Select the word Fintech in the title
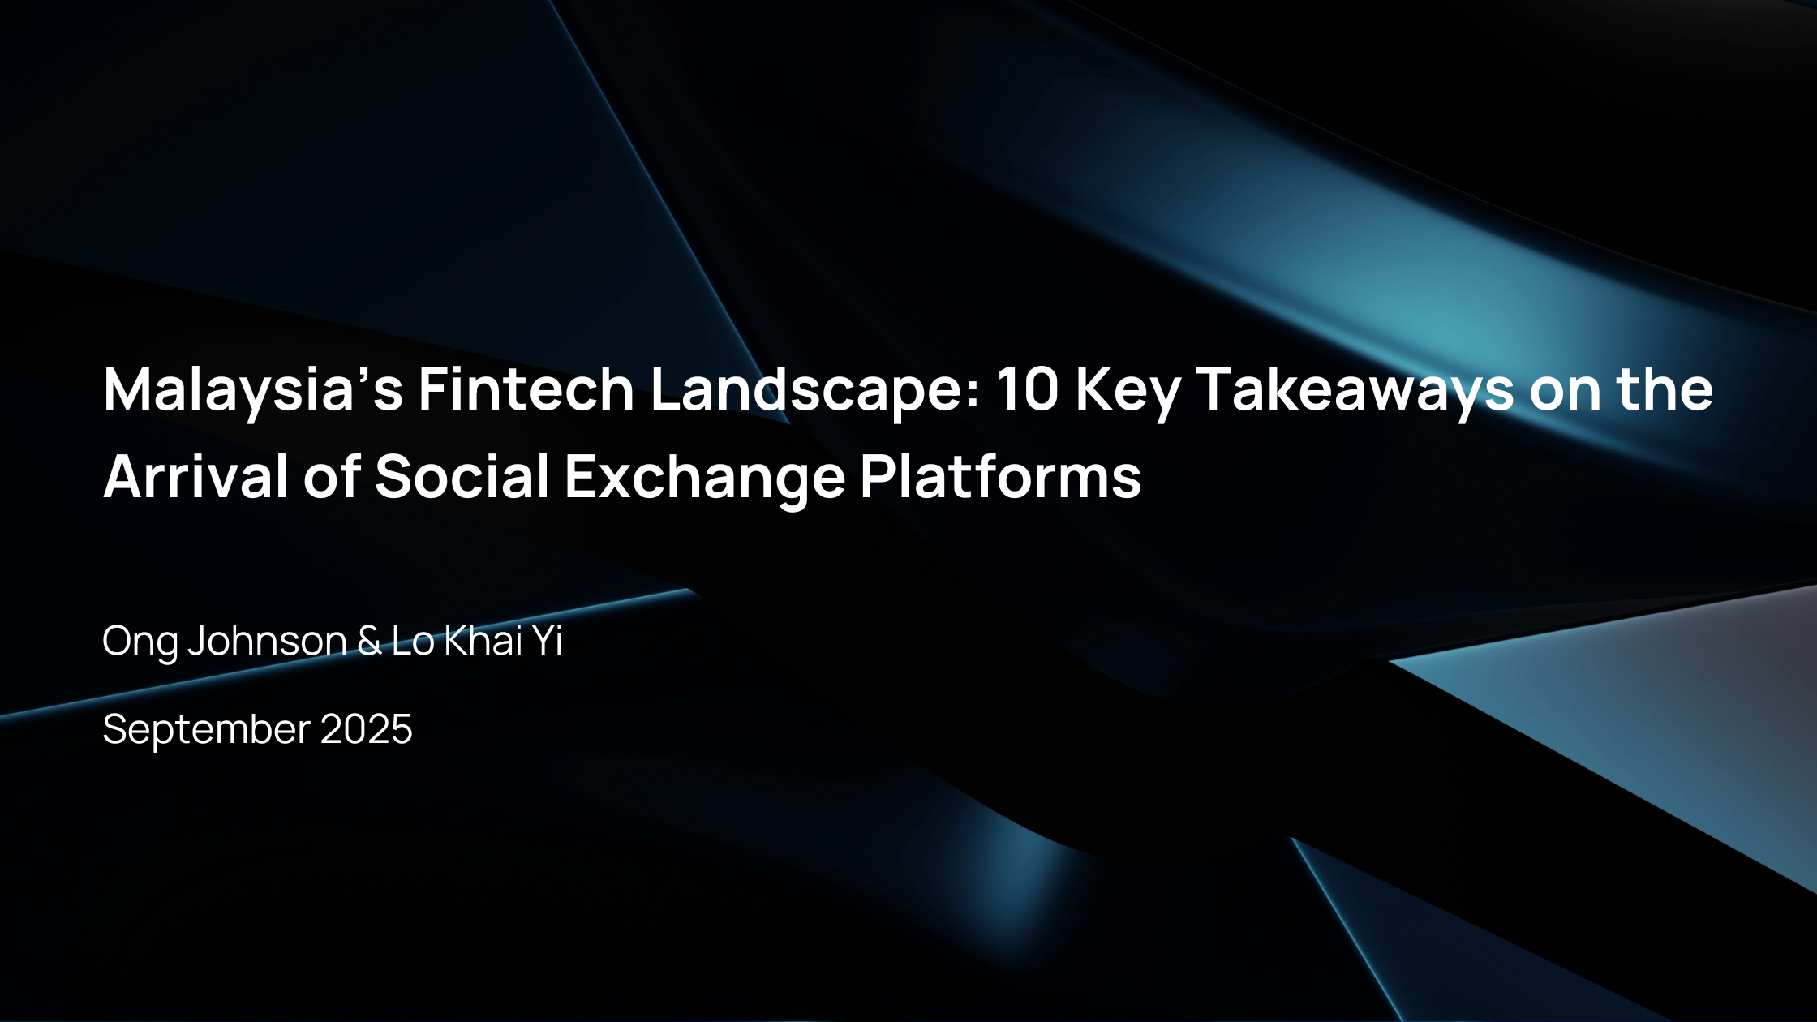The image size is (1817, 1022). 526,389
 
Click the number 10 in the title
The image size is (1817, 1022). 1028,389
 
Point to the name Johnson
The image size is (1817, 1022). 268,641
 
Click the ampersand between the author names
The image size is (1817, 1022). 369,641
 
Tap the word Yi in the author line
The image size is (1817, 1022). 548,641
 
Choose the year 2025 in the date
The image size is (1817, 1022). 367,729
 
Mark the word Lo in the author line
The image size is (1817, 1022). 413,641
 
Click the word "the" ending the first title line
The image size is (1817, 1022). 1665,389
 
